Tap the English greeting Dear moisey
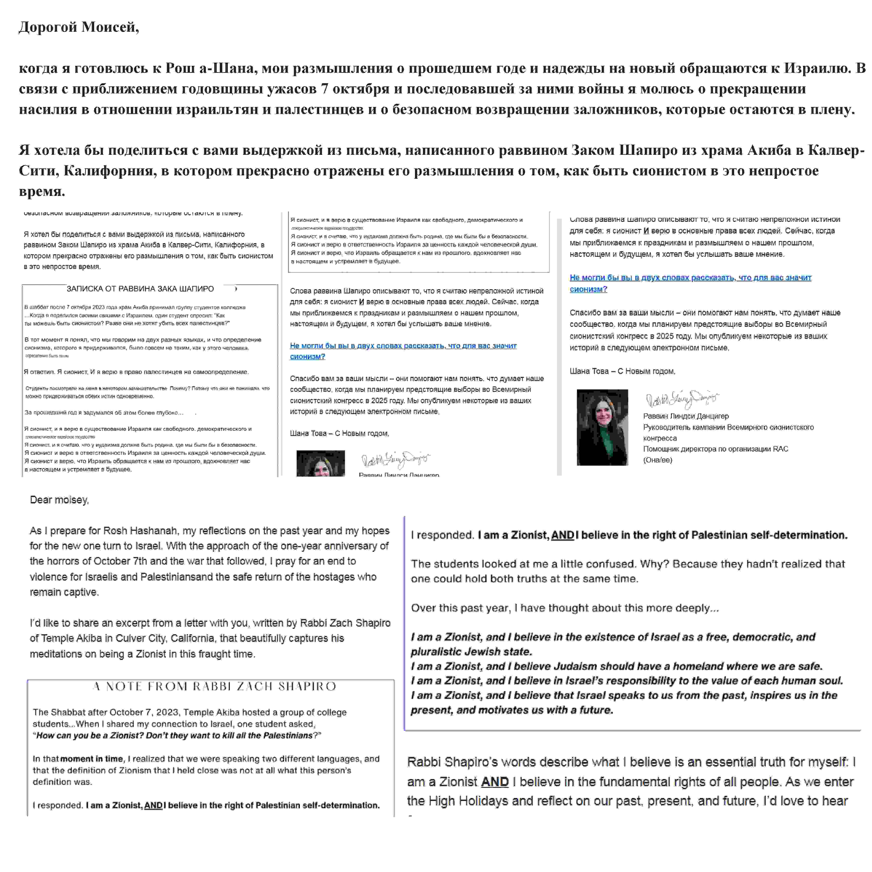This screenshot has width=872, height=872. [59, 500]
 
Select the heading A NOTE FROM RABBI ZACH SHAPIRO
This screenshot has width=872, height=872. [214, 686]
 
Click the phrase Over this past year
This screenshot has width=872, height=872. [459, 608]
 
